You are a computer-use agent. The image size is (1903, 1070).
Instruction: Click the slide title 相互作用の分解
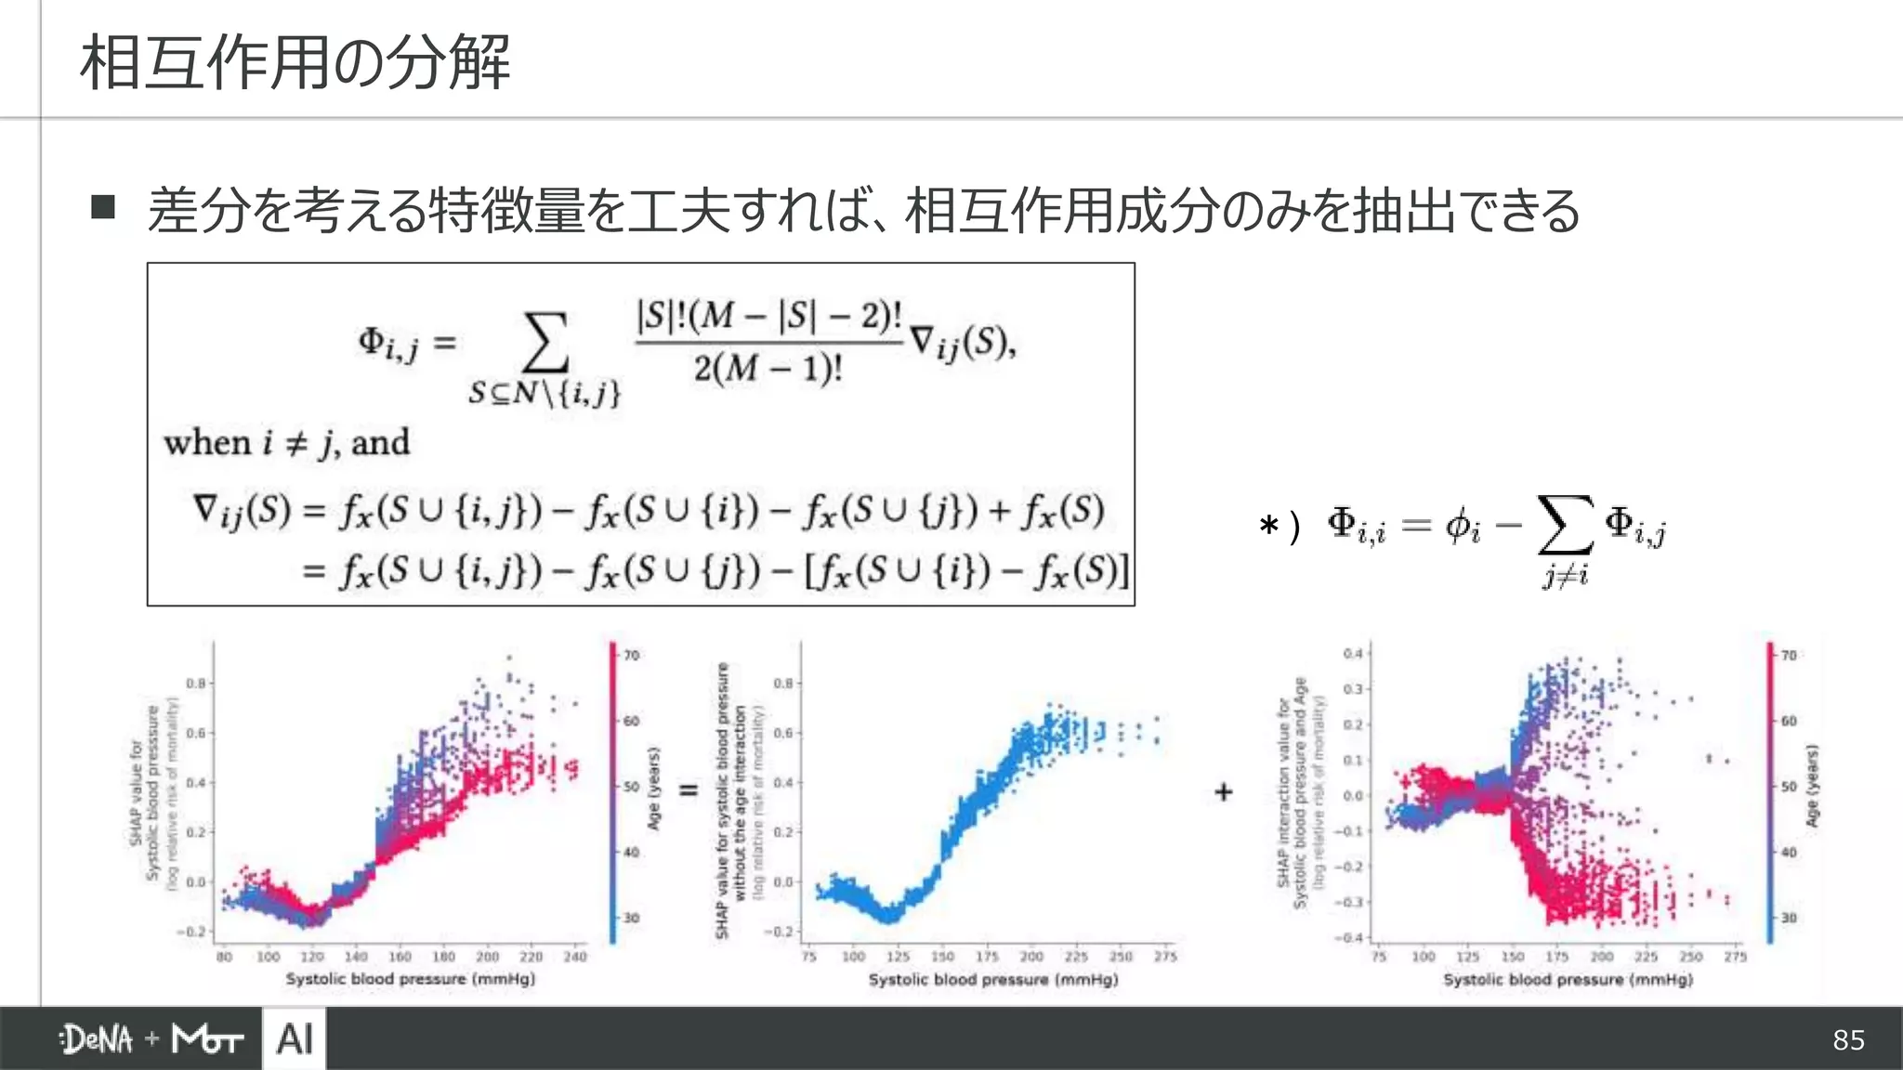click(295, 62)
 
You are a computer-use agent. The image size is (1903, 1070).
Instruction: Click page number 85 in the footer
click(1848, 1039)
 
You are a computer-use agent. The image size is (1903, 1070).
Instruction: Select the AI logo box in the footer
click(295, 1038)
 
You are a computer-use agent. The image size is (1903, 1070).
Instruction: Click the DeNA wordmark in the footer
click(97, 1039)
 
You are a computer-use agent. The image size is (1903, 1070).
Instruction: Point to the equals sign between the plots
click(689, 790)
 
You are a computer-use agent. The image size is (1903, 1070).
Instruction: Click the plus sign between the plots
click(1224, 791)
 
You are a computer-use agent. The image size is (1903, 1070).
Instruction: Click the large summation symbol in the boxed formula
click(545, 343)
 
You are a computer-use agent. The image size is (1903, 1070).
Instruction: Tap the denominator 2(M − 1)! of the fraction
click(768, 369)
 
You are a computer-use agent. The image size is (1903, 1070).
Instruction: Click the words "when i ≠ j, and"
click(286, 442)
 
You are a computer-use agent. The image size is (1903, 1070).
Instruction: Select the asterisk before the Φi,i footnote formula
click(1268, 527)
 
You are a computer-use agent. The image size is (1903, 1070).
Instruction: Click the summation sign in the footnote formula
click(1566, 525)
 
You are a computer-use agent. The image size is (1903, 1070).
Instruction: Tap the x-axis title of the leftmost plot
click(410, 979)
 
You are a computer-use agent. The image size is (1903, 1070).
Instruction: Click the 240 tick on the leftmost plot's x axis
click(575, 956)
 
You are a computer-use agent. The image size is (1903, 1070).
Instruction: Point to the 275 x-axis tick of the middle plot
click(1165, 956)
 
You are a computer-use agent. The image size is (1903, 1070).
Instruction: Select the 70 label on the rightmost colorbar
click(1789, 655)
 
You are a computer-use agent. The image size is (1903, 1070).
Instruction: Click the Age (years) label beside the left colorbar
click(654, 789)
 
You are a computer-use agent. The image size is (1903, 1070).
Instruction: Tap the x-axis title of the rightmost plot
click(1568, 979)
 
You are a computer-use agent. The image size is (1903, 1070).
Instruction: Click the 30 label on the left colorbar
click(632, 918)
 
